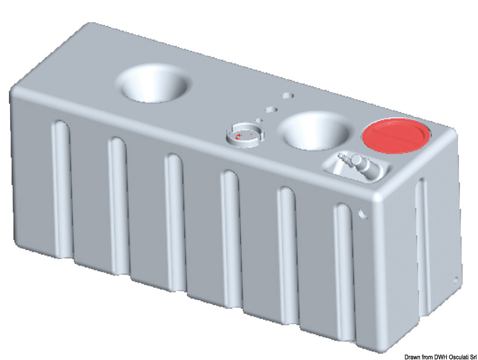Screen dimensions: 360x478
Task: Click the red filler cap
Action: click(396, 137)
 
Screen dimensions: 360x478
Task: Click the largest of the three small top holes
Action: click(289, 96)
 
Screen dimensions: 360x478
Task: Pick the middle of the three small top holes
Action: click(272, 109)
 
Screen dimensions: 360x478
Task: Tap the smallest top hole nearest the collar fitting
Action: click(260, 119)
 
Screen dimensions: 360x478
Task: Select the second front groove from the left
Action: click(118, 190)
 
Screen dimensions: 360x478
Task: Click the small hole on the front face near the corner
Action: click(362, 212)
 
